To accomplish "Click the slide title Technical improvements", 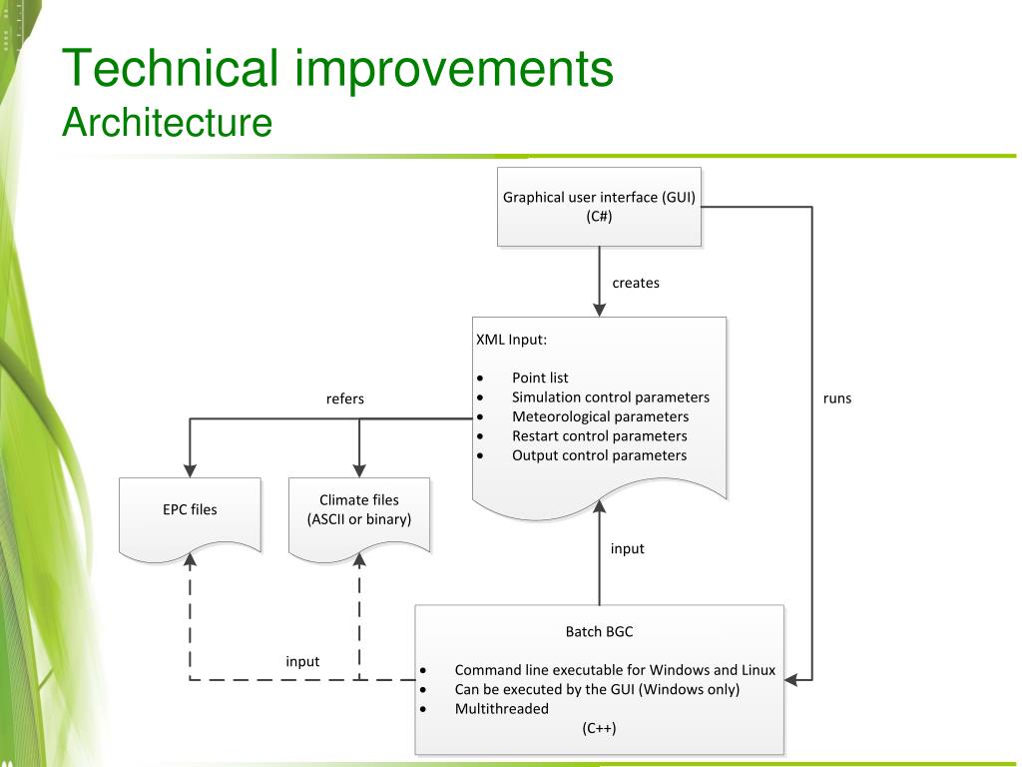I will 337,69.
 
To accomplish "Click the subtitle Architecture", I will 167,123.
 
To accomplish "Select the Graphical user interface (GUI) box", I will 599,206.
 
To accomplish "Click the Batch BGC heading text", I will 599,631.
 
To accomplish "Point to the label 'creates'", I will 636,283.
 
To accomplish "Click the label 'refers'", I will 345,398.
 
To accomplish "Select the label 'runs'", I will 837,398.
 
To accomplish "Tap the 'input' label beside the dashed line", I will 302,661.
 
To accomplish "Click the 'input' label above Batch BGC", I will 628,548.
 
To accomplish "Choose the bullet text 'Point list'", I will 540,378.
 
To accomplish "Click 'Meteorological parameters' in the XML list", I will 600,416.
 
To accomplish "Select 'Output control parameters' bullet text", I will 599,455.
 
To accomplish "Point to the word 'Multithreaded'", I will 501,709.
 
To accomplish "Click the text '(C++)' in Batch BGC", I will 600,728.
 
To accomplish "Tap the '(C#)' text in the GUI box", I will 599,216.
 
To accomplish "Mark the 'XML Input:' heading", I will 511,339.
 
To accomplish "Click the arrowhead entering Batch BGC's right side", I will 792,680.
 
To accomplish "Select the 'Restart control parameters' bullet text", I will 599,435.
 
